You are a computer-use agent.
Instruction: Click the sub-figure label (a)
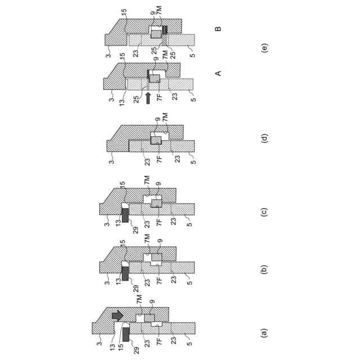click(x=265, y=332)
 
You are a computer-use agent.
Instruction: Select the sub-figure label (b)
click(x=265, y=268)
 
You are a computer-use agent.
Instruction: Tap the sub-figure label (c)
click(x=265, y=212)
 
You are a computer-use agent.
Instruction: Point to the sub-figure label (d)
click(x=265, y=137)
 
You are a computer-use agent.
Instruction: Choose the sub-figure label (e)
click(x=265, y=48)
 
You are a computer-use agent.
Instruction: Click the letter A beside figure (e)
click(x=219, y=73)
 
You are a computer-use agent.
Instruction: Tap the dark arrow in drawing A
click(x=147, y=97)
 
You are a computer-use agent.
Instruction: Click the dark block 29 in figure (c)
click(x=125, y=214)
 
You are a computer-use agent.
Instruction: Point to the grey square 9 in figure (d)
click(x=156, y=139)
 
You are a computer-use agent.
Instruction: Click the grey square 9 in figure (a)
click(x=149, y=318)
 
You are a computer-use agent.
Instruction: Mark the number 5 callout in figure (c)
click(x=190, y=224)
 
